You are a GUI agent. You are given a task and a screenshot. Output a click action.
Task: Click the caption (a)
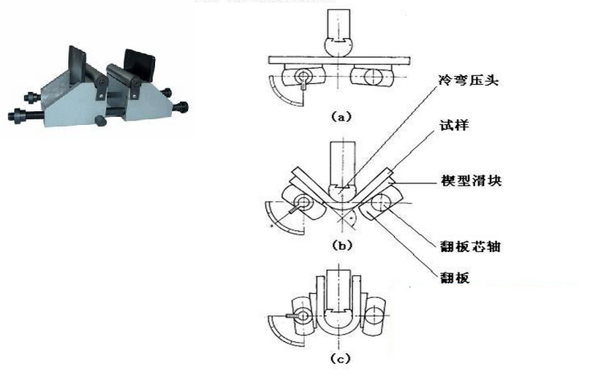(341, 115)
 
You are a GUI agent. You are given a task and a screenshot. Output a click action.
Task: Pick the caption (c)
(341, 358)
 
